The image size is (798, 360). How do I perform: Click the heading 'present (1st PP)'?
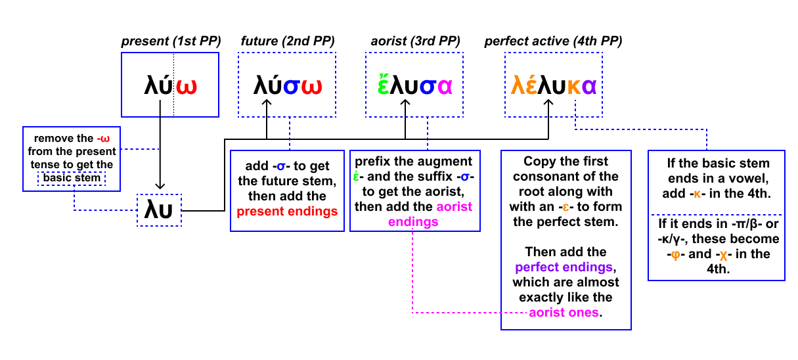[x=171, y=41]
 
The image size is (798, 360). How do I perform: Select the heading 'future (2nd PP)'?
[x=286, y=41]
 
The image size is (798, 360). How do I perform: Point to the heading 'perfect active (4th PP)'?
[x=553, y=41]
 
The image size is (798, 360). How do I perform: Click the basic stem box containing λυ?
[x=158, y=210]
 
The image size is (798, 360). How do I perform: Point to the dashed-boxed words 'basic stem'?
[x=72, y=178]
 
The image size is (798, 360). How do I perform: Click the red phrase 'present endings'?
[x=287, y=212]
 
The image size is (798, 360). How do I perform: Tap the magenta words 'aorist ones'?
[x=564, y=312]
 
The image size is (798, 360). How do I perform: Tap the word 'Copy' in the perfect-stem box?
[x=539, y=162]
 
